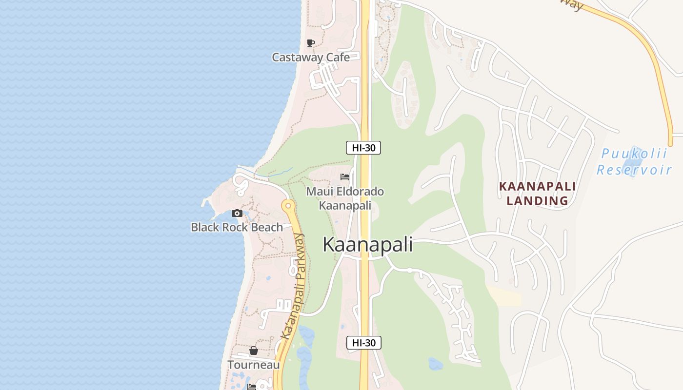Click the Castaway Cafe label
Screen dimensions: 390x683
[x=311, y=58]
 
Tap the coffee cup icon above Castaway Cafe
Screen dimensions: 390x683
[x=311, y=43]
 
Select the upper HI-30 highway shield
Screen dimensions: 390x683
[x=363, y=148]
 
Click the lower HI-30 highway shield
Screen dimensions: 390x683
[x=363, y=343]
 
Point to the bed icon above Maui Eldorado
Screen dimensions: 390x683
[x=345, y=177]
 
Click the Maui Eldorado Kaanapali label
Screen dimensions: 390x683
[x=345, y=198]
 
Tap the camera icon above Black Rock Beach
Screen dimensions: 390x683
[x=237, y=213]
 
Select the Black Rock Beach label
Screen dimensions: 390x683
[x=237, y=227]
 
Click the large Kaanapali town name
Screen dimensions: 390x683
[x=368, y=245]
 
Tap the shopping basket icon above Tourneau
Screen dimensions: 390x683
[x=254, y=351]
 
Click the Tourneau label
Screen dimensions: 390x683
[x=254, y=365]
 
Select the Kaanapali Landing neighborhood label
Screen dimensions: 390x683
[x=537, y=193]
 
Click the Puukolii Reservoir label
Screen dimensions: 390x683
[x=634, y=162]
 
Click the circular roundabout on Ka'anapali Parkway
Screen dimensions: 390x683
[x=288, y=205]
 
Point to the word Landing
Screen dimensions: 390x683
[x=537, y=200]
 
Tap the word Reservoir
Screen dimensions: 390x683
[x=634, y=170]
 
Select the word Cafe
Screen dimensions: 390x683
[x=338, y=58]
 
